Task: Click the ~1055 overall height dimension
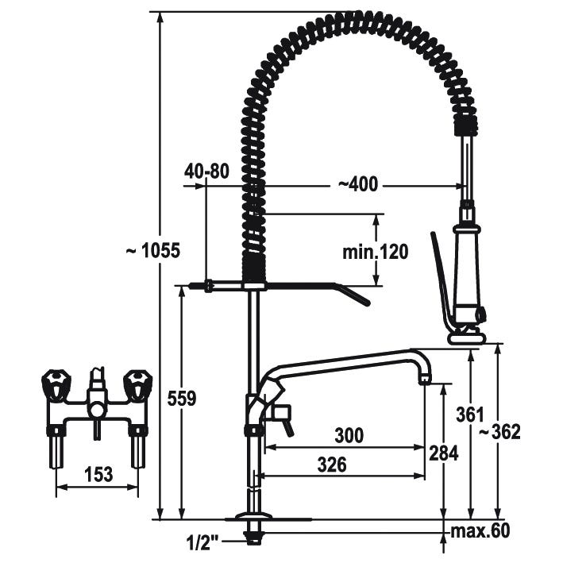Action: click(153, 250)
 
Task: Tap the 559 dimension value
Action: click(182, 398)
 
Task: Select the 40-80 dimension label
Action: click(206, 172)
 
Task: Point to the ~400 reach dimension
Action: click(358, 184)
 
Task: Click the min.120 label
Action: click(376, 252)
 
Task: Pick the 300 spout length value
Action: click(349, 435)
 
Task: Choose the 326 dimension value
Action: click(332, 465)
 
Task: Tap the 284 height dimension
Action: click(444, 453)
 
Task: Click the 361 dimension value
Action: click(470, 415)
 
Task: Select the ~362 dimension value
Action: click(499, 432)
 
